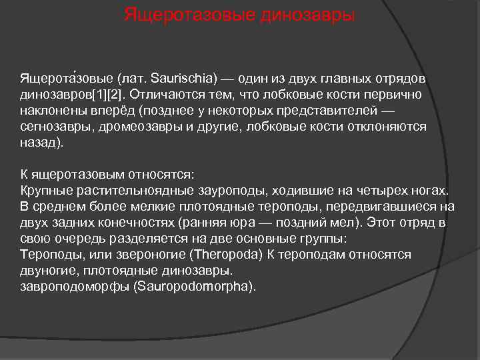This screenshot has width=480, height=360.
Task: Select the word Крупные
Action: [44, 191]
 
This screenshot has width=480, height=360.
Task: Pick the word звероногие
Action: [153, 255]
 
